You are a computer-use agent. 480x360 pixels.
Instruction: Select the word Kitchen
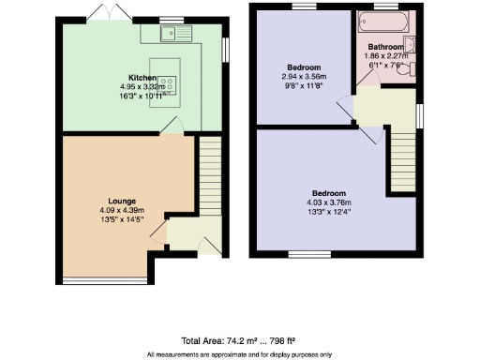142,77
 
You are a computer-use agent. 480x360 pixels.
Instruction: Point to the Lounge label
122,201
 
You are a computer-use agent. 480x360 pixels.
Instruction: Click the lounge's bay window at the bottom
104,279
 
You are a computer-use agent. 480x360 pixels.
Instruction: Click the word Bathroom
386,46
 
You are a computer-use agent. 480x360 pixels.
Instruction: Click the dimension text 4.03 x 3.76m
329,202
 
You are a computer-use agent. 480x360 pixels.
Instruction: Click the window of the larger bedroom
303,254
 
